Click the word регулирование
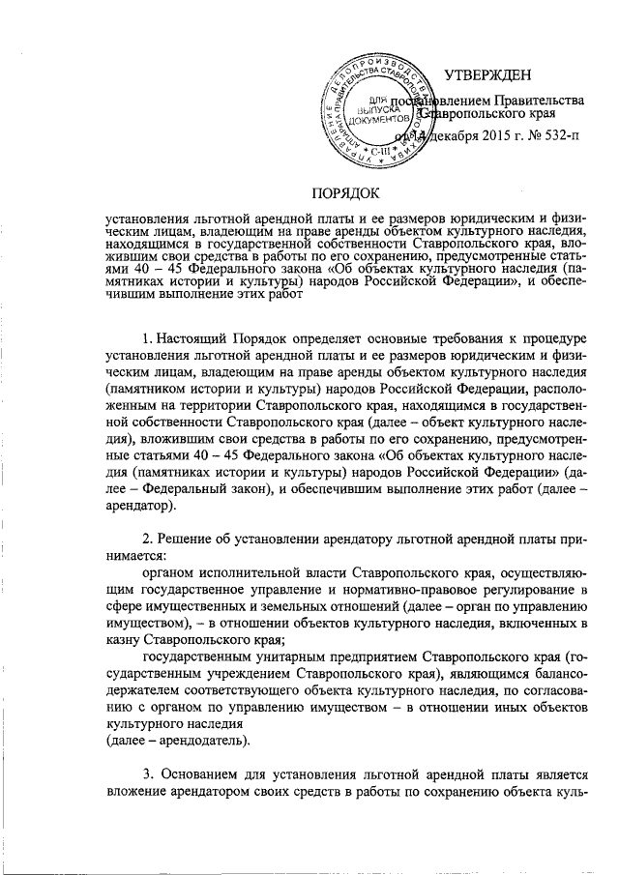(x=530, y=589)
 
